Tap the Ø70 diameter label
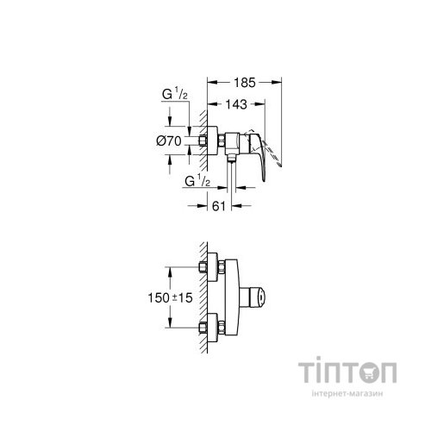pyautogui.click(x=169, y=139)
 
